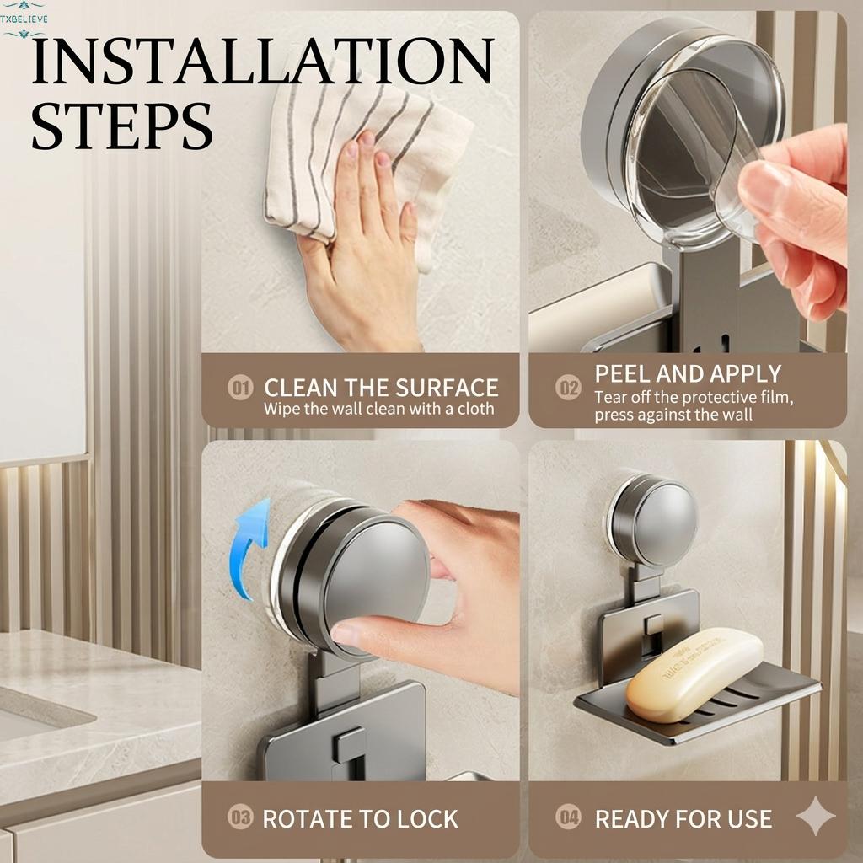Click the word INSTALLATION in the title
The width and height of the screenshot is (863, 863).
262,61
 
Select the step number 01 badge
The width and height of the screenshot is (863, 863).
241,389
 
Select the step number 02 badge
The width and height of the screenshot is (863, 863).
568,389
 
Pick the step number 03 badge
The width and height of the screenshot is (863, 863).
241,817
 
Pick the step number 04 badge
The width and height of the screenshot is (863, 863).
568,817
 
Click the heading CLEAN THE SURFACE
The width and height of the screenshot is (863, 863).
381,388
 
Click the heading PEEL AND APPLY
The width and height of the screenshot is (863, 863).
688,373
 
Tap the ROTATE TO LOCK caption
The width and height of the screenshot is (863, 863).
360,818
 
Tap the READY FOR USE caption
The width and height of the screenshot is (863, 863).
683,818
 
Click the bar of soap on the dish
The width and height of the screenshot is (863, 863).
693,673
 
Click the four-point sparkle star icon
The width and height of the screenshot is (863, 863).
815,816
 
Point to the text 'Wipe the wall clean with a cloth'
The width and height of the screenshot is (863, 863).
378,410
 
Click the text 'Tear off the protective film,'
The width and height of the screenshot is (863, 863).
693,397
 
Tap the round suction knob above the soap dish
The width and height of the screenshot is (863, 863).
655,520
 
